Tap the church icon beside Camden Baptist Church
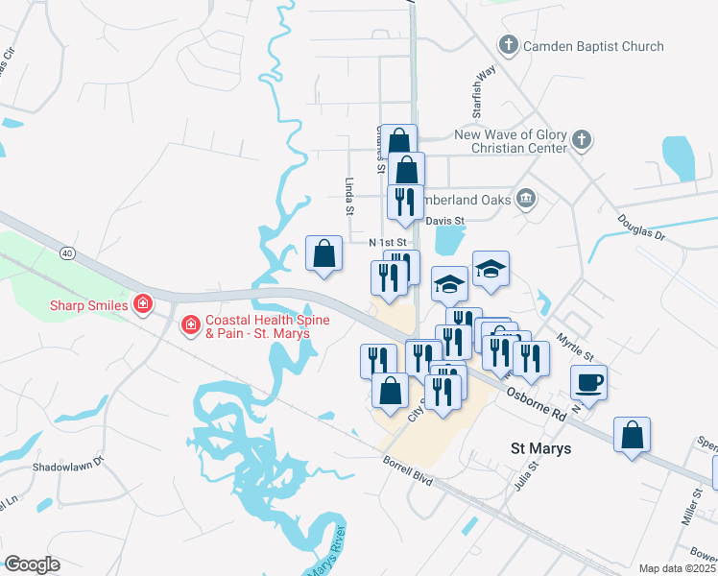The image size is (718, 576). [x=507, y=45]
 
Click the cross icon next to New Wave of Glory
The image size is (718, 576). [x=580, y=141]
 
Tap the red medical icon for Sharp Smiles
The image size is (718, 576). [x=143, y=305]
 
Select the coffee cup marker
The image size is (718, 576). [x=588, y=382]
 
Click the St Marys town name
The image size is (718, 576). [x=539, y=448]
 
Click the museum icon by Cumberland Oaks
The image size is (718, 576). [x=525, y=199]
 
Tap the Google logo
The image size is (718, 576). [x=32, y=564]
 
